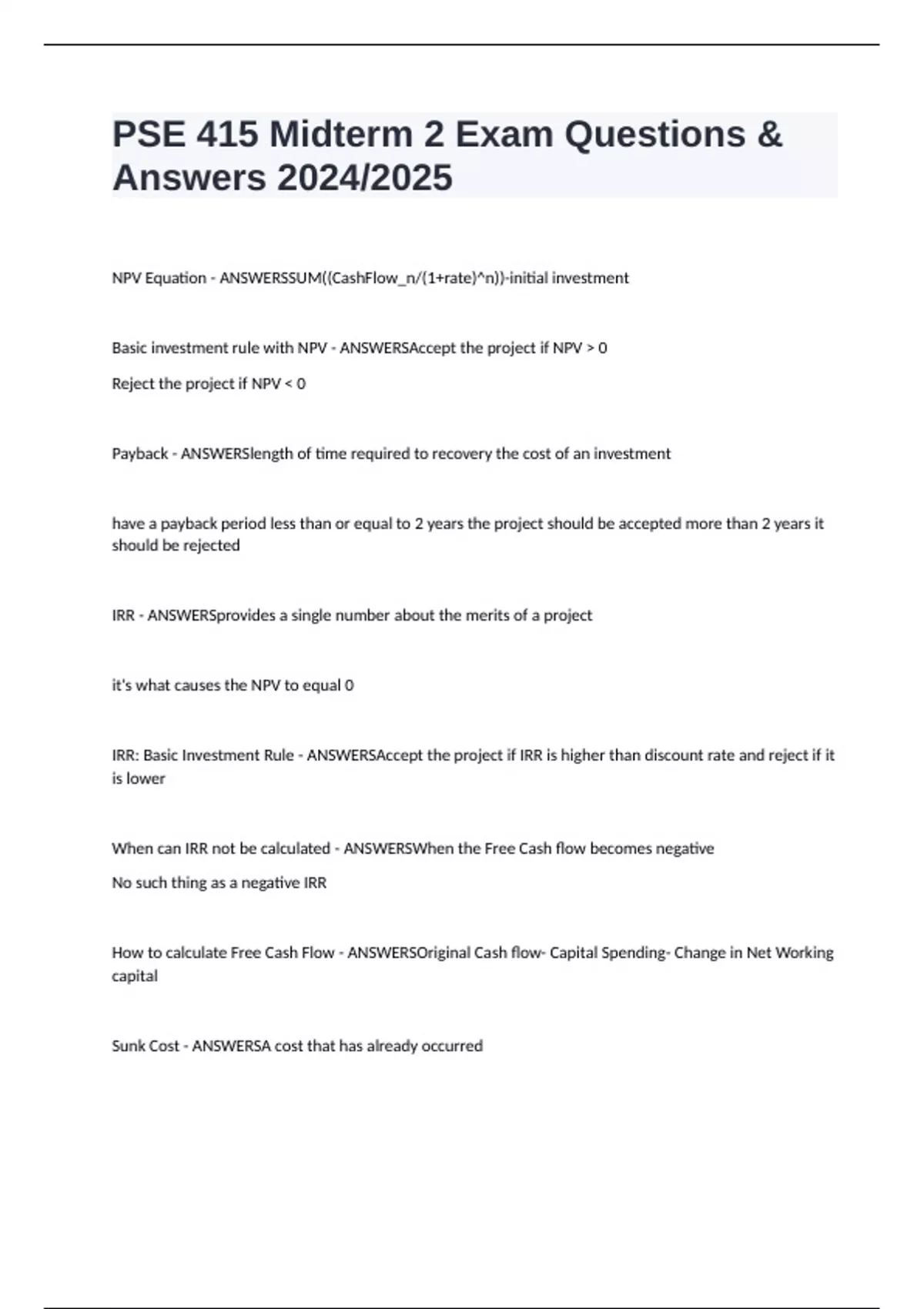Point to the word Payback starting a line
click(139, 454)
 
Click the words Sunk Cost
click(146, 1046)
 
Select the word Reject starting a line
click(133, 383)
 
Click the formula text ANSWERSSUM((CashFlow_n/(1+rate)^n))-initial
click(423, 278)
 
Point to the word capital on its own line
click(135, 976)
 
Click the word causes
click(197, 685)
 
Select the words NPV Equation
click(159, 278)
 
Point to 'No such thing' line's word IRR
click(315, 882)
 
